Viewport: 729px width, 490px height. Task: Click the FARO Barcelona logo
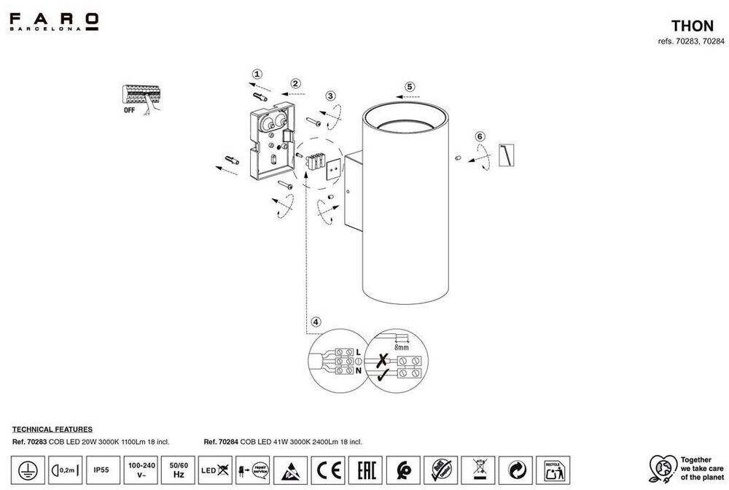(x=54, y=21)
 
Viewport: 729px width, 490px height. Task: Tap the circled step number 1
(x=257, y=74)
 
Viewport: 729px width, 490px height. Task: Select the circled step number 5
(x=410, y=86)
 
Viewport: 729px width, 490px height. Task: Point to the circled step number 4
(x=315, y=322)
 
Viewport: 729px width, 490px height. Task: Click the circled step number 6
(x=480, y=136)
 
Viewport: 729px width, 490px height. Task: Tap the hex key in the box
(x=506, y=152)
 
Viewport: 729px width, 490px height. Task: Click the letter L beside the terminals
(x=358, y=353)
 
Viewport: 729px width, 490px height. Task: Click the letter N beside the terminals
(x=358, y=371)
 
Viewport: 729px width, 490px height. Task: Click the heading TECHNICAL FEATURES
(x=52, y=430)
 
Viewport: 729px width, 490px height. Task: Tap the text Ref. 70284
(x=219, y=442)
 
